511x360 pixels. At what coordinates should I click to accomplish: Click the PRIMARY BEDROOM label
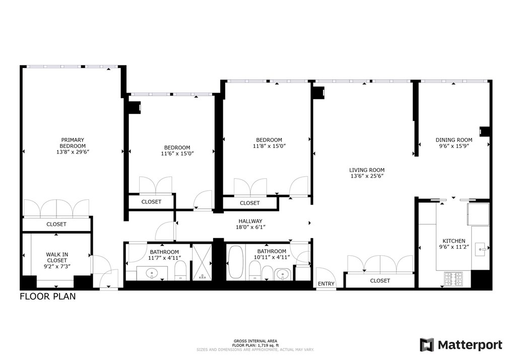pos(73,143)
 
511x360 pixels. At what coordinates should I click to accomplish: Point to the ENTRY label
pos(326,284)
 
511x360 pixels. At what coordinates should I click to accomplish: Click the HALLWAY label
pos(250,221)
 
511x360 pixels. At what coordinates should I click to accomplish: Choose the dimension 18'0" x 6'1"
pos(250,227)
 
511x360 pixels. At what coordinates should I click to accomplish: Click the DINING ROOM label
pos(454,140)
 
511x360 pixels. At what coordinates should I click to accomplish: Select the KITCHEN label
pos(454,241)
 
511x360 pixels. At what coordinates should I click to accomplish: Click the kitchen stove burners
pos(454,277)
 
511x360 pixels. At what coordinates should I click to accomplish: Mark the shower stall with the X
pos(203,262)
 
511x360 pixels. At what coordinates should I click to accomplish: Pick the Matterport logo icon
pos(427,345)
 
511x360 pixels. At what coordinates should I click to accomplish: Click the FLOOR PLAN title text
pos(48,297)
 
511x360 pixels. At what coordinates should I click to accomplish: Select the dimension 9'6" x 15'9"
pos(454,147)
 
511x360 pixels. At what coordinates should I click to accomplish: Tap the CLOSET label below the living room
pos(380,281)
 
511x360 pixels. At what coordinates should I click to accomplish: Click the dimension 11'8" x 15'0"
pos(269,147)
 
